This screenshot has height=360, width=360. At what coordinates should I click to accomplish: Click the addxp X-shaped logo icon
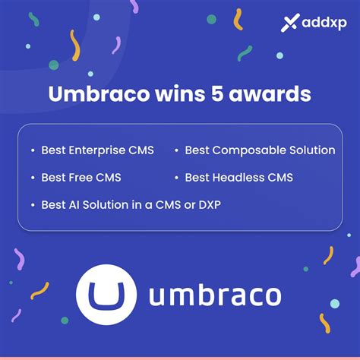pyautogui.click(x=289, y=24)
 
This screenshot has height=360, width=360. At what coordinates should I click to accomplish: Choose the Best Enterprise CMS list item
pyautogui.click(x=97, y=150)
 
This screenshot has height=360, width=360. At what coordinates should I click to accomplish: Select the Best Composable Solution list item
pyautogui.click(x=260, y=150)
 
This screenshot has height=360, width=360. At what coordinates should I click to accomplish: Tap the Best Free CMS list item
pyautogui.click(x=81, y=178)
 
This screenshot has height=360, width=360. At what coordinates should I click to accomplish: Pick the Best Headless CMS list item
pyautogui.click(x=238, y=178)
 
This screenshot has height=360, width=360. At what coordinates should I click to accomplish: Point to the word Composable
pyautogui.click(x=253, y=150)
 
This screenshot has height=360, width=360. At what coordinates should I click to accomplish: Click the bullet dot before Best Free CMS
pyautogui.click(x=33, y=178)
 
